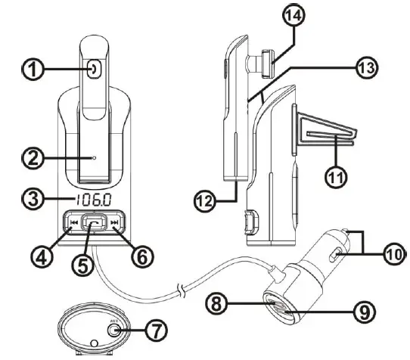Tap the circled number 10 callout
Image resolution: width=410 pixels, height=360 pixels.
396,255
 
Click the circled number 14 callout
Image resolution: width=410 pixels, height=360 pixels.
293,17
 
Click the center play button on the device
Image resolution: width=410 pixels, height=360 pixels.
92,224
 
